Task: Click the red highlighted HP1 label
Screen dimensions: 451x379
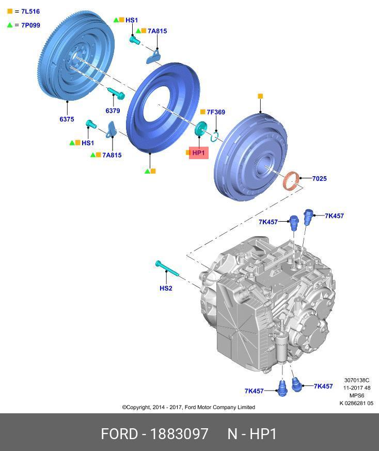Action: [x=199, y=153]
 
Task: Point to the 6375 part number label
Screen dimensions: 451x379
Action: [x=67, y=119]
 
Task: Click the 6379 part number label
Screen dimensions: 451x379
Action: [x=113, y=111]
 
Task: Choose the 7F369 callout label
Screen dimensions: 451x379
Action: [x=216, y=112]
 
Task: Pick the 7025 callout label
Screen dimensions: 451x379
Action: [x=319, y=179]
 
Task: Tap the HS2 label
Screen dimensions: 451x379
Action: [x=166, y=288]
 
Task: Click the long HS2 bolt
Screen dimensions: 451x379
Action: [x=167, y=269]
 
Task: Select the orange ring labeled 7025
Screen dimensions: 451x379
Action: [x=292, y=181]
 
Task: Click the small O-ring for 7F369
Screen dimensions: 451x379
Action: [x=216, y=136]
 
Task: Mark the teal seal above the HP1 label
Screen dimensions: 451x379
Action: [x=200, y=128]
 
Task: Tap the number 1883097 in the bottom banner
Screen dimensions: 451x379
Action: [x=179, y=433]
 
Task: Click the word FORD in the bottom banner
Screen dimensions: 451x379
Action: [x=119, y=433]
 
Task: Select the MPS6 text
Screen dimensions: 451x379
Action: [x=357, y=396]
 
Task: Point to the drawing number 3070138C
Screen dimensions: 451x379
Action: [x=357, y=380]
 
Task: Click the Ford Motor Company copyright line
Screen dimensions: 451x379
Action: [x=188, y=407]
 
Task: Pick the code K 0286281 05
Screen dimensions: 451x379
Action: [x=356, y=403]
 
